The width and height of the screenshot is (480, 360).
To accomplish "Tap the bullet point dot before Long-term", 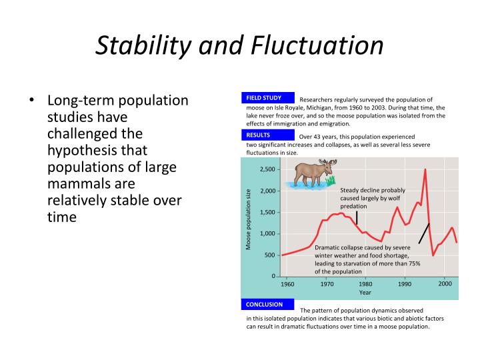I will [31, 101].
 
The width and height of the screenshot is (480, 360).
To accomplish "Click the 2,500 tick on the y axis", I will [267, 169].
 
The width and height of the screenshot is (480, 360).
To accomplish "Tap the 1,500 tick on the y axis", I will [267, 212].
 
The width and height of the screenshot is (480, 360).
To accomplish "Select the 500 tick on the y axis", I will [269, 255].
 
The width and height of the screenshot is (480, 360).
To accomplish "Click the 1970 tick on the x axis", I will [327, 283].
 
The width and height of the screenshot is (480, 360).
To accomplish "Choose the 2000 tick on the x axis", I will [445, 283].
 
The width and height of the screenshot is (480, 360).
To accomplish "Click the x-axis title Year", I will [365, 293].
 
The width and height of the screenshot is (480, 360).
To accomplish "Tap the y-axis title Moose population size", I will [249, 220].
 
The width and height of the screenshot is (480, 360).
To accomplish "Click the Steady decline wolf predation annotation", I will [372, 198].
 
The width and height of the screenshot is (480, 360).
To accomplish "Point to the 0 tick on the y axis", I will [273, 276].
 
